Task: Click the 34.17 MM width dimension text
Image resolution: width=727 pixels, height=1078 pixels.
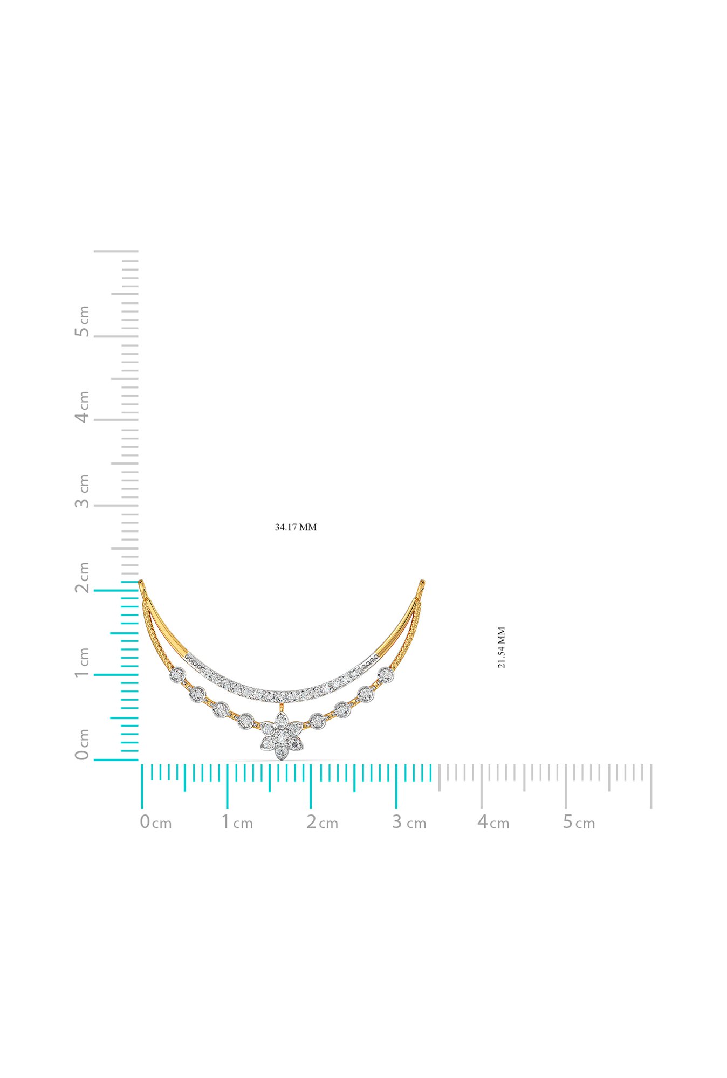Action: (x=296, y=527)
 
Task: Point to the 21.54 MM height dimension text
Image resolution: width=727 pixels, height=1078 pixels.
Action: (x=502, y=647)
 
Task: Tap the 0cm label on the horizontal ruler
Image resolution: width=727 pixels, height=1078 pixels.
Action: (x=156, y=822)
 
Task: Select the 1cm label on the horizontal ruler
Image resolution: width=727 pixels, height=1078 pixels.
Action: (x=237, y=822)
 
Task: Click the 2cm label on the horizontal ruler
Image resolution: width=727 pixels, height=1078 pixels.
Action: (x=322, y=822)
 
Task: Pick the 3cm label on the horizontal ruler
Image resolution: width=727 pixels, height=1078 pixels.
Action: (x=409, y=822)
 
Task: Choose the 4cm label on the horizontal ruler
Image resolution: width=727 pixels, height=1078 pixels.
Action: (x=493, y=822)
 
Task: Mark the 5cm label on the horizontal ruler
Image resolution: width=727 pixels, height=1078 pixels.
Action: (x=579, y=822)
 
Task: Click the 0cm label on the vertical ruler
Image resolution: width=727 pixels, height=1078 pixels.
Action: (x=82, y=744)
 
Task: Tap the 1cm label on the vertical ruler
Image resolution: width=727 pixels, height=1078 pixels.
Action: (x=82, y=664)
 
